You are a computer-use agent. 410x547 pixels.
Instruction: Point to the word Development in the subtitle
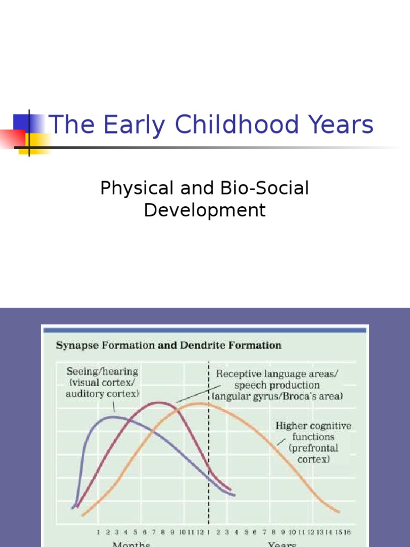click(x=204, y=210)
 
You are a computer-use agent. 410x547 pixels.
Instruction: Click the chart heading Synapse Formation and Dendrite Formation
click(x=168, y=346)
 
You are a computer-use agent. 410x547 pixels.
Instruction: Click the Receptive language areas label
click(x=277, y=374)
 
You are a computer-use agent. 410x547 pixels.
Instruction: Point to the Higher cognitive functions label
click(x=313, y=426)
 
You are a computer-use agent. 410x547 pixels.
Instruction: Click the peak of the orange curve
click(x=200, y=404)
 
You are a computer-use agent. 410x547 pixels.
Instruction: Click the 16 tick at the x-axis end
click(x=347, y=532)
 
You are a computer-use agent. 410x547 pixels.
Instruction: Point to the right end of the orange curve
click(x=338, y=512)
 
